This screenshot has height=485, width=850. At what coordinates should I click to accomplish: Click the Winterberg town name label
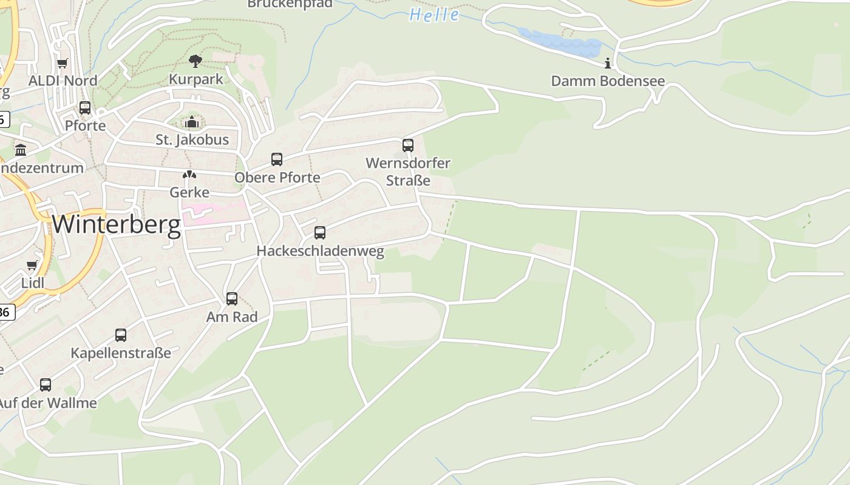(116, 225)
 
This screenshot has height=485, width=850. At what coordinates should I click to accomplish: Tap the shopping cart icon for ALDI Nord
(62, 63)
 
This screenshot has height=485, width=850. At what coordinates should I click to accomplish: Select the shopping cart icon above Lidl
(32, 266)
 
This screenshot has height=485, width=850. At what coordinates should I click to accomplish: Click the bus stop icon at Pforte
(85, 108)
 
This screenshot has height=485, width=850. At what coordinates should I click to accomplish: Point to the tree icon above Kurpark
(195, 61)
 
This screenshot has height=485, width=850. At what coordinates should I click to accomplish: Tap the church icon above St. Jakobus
(192, 122)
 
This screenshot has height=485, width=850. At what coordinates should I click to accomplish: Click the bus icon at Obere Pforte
(277, 159)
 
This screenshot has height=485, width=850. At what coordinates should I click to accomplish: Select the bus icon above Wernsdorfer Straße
(408, 145)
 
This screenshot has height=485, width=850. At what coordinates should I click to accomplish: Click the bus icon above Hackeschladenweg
(320, 233)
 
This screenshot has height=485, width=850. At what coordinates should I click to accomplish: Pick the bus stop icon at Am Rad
(232, 299)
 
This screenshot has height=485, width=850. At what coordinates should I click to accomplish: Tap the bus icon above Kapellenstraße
(121, 335)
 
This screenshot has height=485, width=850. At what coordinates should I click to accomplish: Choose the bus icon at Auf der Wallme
(46, 385)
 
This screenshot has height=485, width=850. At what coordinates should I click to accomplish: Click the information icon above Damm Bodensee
(608, 63)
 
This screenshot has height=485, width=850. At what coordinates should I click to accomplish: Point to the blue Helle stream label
(434, 15)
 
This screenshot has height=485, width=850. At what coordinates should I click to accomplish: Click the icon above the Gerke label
(189, 175)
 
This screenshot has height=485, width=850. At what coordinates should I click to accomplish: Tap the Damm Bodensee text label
(608, 81)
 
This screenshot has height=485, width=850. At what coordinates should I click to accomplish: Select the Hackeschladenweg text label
(320, 251)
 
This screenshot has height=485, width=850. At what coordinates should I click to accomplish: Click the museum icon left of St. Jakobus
(21, 150)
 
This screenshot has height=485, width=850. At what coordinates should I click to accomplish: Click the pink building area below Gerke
(209, 213)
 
